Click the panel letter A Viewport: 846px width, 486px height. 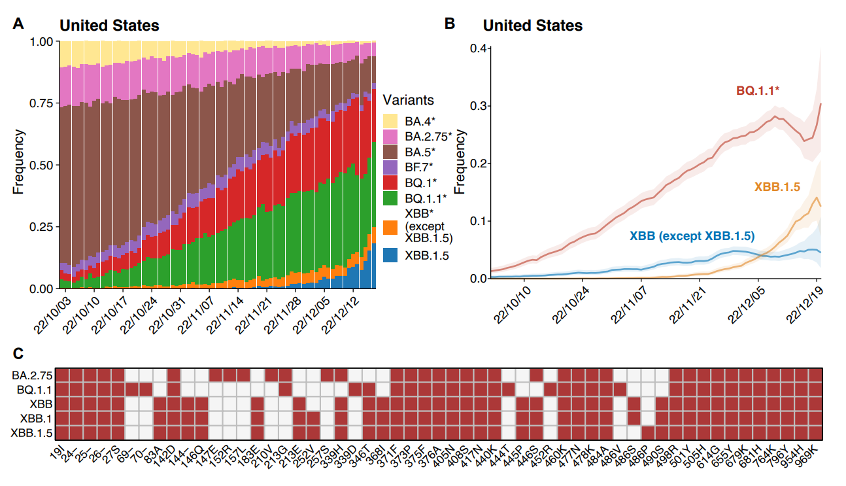19,24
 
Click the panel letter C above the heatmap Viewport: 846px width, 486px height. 19,353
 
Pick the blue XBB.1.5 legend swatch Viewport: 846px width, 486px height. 391,256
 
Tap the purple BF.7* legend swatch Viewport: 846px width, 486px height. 391,165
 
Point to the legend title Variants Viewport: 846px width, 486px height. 408,101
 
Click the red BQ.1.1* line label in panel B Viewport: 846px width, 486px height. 758,90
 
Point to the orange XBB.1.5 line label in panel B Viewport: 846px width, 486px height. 777,186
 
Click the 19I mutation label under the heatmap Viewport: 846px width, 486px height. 58,452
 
